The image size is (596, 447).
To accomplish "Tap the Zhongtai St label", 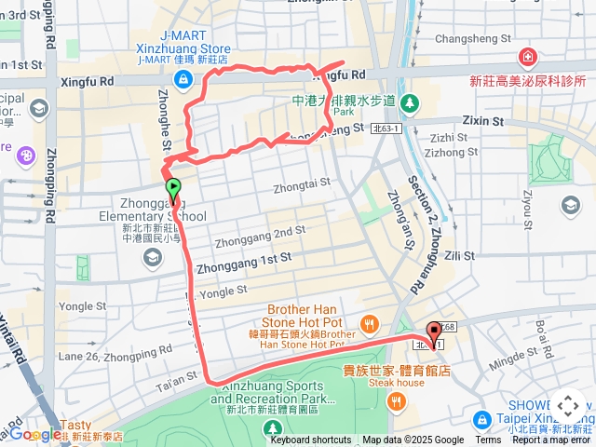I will (x=302, y=187).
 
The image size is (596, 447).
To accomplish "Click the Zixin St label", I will (x=482, y=121).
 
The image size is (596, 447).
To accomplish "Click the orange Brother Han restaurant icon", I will (x=370, y=324).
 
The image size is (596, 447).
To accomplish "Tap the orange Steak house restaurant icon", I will (x=397, y=401).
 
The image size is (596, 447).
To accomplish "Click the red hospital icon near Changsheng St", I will (x=528, y=58).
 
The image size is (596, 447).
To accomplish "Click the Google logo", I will (x=35, y=434).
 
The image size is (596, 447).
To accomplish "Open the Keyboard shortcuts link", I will (x=311, y=440).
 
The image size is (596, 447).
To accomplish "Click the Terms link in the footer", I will (x=488, y=440).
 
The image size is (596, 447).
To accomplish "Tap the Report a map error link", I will (x=552, y=440).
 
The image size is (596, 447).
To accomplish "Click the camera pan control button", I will (x=568, y=407).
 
